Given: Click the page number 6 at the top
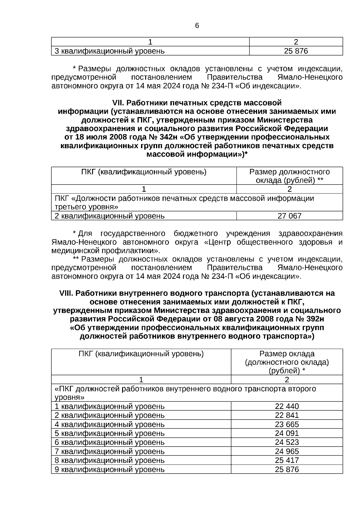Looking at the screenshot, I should pyautogui.click(x=197, y=26).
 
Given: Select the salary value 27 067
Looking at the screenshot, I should pyautogui.click(x=289, y=216).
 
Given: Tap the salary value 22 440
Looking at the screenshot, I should pyautogui.click(x=287, y=406).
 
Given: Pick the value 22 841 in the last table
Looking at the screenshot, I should pyautogui.click(x=287, y=415).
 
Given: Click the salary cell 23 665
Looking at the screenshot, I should pyautogui.click(x=287, y=424).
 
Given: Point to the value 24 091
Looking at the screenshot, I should pyautogui.click(x=287, y=433).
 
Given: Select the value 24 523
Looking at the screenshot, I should pyautogui.click(x=287, y=442).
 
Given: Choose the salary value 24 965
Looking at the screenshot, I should pyautogui.click(x=287, y=451).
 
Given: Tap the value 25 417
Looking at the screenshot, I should pyautogui.click(x=287, y=460).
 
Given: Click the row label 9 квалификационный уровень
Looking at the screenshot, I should pyautogui.click(x=109, y=469).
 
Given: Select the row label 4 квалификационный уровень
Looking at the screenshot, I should pyautogui.click(x=109, y=424).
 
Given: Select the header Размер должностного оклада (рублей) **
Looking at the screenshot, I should pyautogui.click(x=289, y=176).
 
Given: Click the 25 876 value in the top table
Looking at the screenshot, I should pyautogui.click(x=296, y=51).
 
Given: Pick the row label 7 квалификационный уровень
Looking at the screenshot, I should pyautogui.click(x=109, y=451).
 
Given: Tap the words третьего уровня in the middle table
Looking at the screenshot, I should pyautogui.click(x=86, y=207).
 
